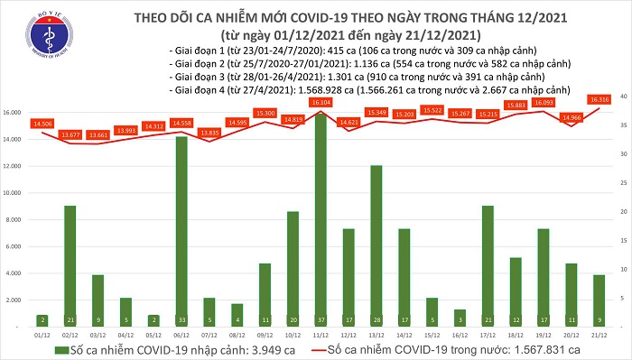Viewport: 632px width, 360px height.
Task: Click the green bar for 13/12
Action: tap(376, 245)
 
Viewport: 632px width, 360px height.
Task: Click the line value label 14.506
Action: tap(41, 123)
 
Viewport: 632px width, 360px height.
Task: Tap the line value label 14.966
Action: tap(571, 117)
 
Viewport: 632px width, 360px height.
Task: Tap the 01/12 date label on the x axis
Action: tap(41, 333)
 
